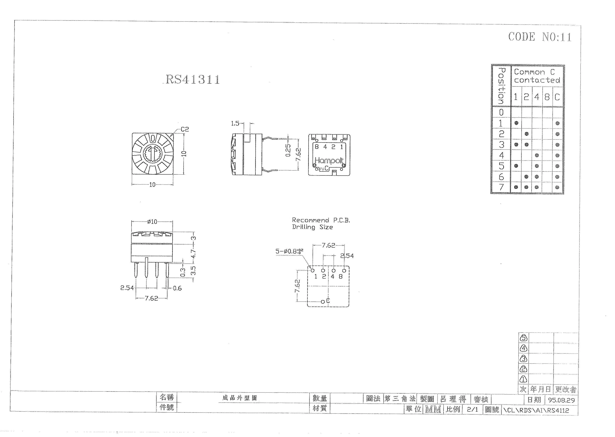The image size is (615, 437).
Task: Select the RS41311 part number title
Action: tap(193, 79)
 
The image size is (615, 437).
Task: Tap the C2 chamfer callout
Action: tap(185, 129)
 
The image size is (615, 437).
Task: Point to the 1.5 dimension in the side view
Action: tap(235, 123)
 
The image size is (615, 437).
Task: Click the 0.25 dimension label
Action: tap(288, 150)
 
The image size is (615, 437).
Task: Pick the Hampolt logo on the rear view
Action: tap(329, 161)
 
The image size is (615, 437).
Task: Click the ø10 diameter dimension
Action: tap(152, 222)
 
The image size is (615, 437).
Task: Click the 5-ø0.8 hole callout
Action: tap(289, 251)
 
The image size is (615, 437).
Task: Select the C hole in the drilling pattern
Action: tap(323, 302)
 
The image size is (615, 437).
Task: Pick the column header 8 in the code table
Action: tap(547, 97)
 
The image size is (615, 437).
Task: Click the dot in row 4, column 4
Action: tap(537, 155)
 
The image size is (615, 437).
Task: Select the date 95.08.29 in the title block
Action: tap(561, 400)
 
